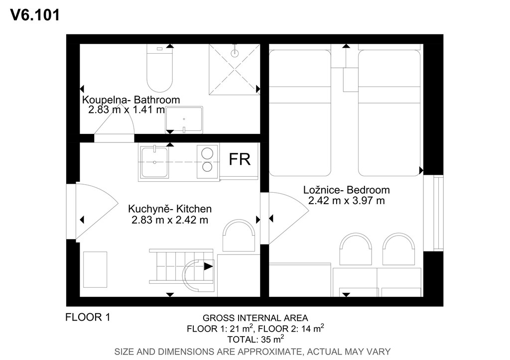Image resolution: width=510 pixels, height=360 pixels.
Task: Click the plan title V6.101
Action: pyautogui.click(x=35, y=15)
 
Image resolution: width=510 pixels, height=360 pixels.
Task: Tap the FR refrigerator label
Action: pyautogui.click(x=240, y=159)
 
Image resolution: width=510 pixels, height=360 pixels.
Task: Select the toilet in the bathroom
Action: pyautogui.click(x=159, y=68)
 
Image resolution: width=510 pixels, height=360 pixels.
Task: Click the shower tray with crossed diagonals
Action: pyautogui.click(x=234, y=70)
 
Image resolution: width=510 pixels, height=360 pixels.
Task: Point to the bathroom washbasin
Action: pyautogui.click(x=184, y=120)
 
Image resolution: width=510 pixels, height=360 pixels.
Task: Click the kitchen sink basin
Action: pyautogui.click(x=154, y=162)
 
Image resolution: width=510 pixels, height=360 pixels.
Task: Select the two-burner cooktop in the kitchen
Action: pyautogui.click(x=207, y=160)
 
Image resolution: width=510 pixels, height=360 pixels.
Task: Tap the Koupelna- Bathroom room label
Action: pyautogui.click(x=131, y=100)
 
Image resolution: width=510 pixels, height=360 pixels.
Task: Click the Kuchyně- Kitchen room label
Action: pyautogui.click(x=170, y=209)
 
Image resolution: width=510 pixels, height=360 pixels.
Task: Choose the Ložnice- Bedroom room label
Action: pyautogui.click(x=347, y=190)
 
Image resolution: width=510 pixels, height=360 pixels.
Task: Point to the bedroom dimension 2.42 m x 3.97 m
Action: pyautogui.click(x=347, y=200)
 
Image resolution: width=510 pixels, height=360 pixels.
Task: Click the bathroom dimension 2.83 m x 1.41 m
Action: pyautogui.click(x=127, y=109)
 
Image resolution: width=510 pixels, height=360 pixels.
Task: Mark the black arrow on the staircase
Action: pyautogui.click(x=208, y=267)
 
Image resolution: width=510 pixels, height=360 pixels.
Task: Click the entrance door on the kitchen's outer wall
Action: pyautogui.click(x=92, y=212)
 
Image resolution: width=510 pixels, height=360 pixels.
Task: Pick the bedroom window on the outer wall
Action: pyautogui.click(x=433, y=213)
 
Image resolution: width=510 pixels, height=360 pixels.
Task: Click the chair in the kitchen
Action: pyautogui.click(x=239, y=236)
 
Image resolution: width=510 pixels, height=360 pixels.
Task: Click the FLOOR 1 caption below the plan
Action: pyautogui.click(x=88, y=317)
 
